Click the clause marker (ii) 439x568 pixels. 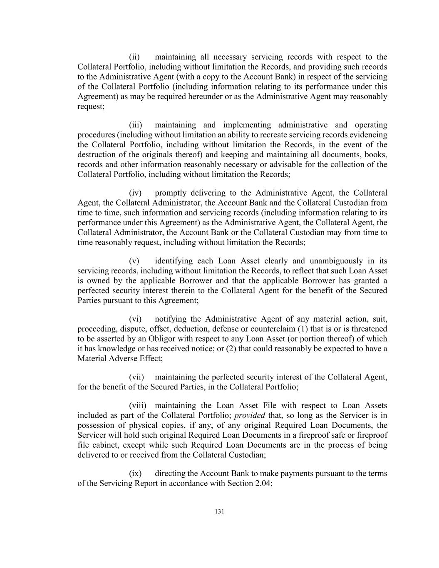tap(134, 57)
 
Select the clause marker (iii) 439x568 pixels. tap(136, 125)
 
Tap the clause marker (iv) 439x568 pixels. tap(135, 193)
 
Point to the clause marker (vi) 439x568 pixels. tap(135, 319)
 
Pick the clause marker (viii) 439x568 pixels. tap(137, 406)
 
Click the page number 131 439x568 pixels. tap(220, 512)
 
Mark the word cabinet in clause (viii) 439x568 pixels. tap(106, 445)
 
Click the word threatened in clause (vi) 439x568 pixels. tap(369, 329)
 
